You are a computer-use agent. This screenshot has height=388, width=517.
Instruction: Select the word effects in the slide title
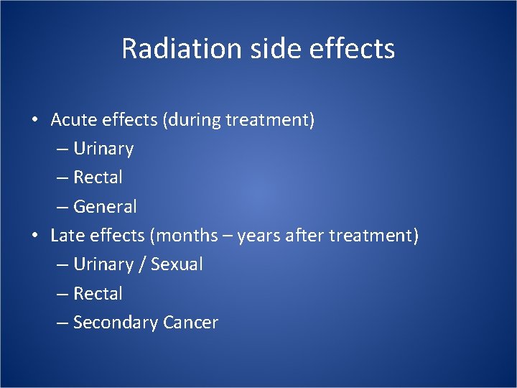pos(357,49)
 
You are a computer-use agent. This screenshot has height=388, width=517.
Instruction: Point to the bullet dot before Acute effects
pos(34,120)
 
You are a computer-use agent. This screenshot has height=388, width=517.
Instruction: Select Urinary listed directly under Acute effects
pos(103,149)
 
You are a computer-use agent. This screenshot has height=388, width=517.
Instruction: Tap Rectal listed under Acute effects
pos(98,177)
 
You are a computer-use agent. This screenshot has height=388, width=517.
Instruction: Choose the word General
pos(105,207)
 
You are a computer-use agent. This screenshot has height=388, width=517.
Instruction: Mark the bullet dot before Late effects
pos(34,236)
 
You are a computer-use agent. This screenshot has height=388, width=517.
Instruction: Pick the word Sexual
pos(177,264)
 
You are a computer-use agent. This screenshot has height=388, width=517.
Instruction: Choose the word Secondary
pos(116,323)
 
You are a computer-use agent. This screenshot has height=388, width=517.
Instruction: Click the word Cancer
pos(190,323)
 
